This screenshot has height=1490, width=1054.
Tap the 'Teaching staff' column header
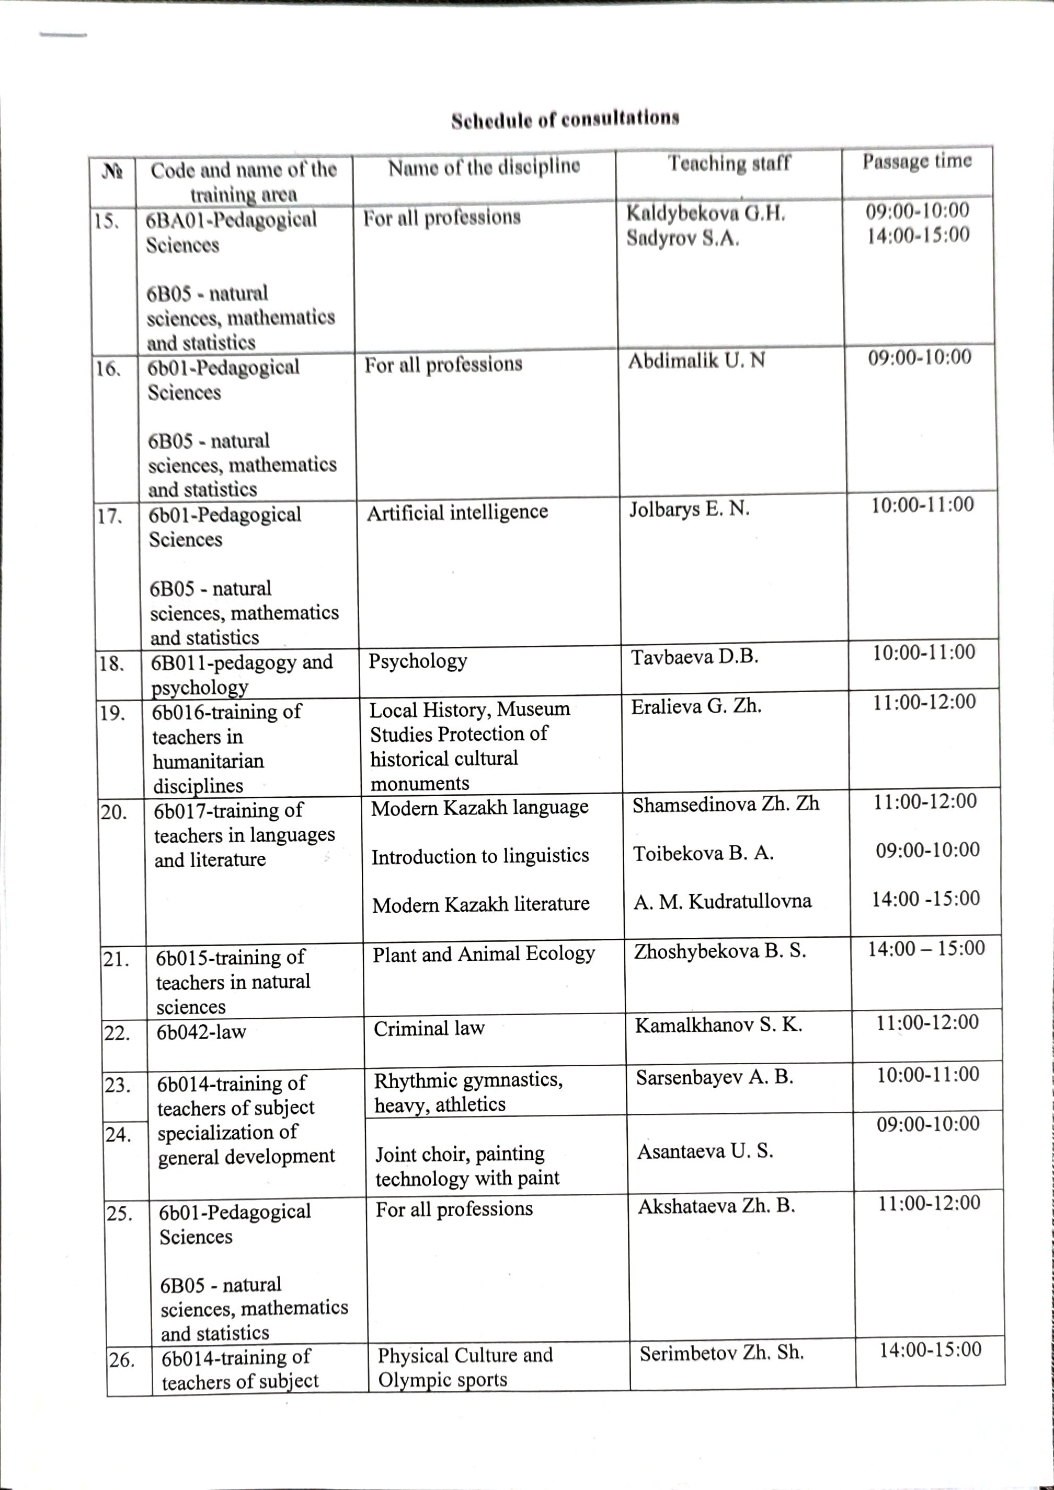[x=729, y=163]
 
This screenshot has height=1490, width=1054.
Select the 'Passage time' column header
[x=917, y=161]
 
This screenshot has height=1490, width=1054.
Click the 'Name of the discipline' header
[x=484, y=167]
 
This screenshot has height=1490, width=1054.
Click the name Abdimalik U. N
[x=696, y=360]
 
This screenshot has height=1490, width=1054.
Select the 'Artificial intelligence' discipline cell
[x=457, y=512]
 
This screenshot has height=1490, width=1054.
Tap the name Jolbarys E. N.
[x=689, y=509]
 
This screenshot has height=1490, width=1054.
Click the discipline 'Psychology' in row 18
[x=418, y=661]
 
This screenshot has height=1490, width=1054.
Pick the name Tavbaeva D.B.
[x=695, y=657]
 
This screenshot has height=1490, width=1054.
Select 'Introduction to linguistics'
[x=480, y=856]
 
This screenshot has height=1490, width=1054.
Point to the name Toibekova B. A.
[x=703, y=853]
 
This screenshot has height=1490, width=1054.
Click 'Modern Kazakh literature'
[x=480, y=904]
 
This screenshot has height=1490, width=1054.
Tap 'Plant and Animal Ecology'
[x=483, y=953]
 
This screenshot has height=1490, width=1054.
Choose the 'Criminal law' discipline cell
[x=429, y=1028]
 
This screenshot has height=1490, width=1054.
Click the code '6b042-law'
[x=201, y=1031]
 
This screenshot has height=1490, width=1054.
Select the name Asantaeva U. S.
[x=705, y=1150]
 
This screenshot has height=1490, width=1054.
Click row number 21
[x=116, y=959]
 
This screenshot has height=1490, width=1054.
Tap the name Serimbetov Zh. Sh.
[x=721, y=1353]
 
